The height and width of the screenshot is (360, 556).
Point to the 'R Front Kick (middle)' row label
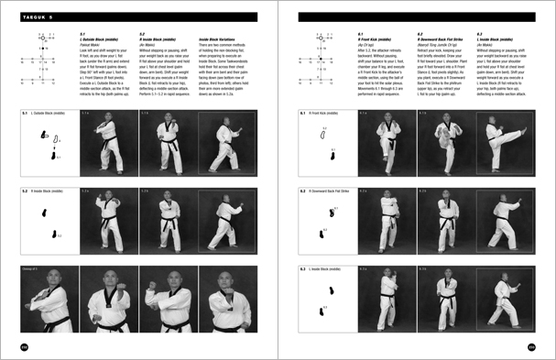[x=331, y=114]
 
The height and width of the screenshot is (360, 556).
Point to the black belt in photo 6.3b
[x=446, y=301]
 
